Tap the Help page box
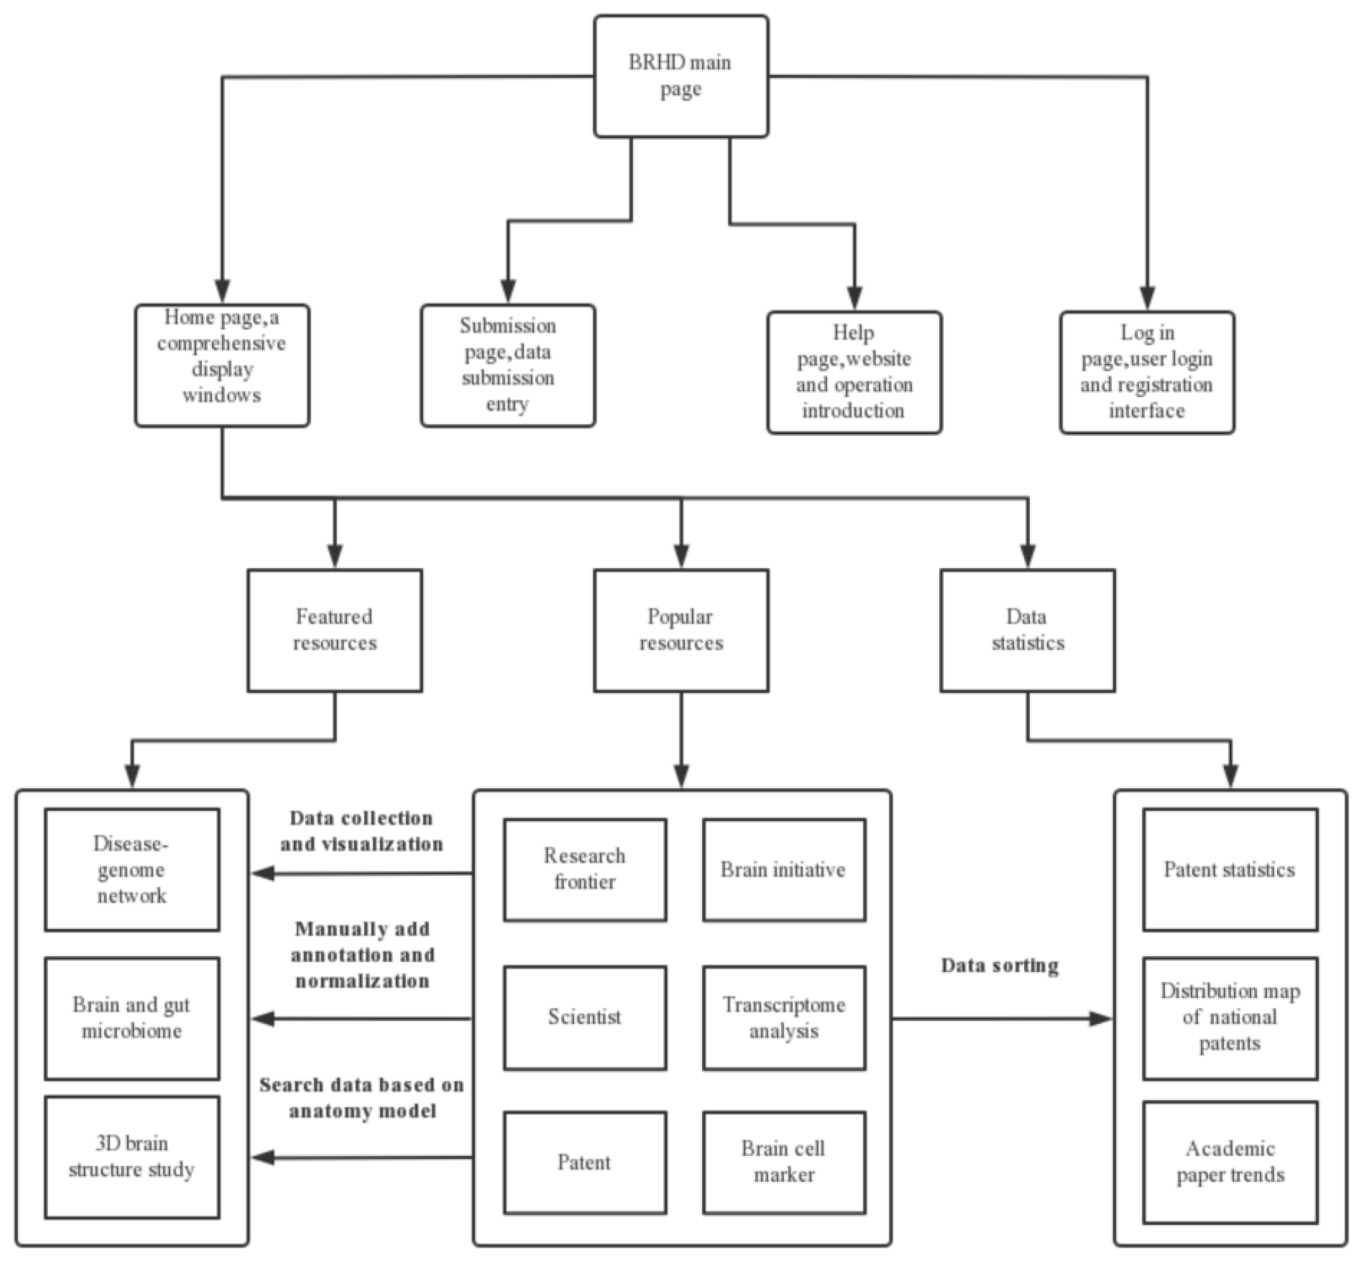pos(854,372)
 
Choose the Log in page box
pos(1146,372)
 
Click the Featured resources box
pos(334,630)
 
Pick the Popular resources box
pos(681,630)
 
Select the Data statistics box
pos(1027,630)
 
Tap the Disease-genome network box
pos(132,869)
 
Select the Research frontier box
pos(585,869)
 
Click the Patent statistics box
pos(1230,869)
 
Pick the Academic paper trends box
pos(1230,1162)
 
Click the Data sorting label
pos(999,966)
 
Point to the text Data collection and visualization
pos(362,831)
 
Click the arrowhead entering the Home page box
pos(222,290)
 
